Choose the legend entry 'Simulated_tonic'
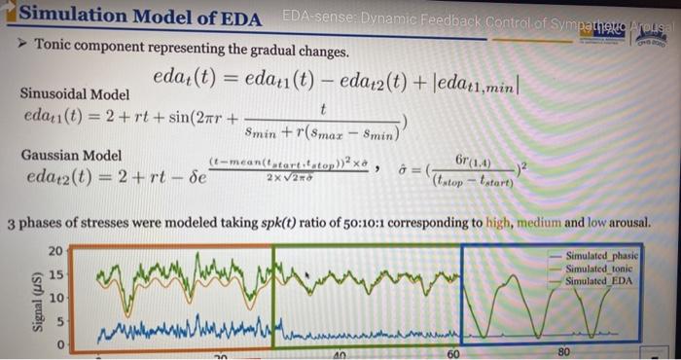598,268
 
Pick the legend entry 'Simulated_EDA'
596,280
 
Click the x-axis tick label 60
453,354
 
